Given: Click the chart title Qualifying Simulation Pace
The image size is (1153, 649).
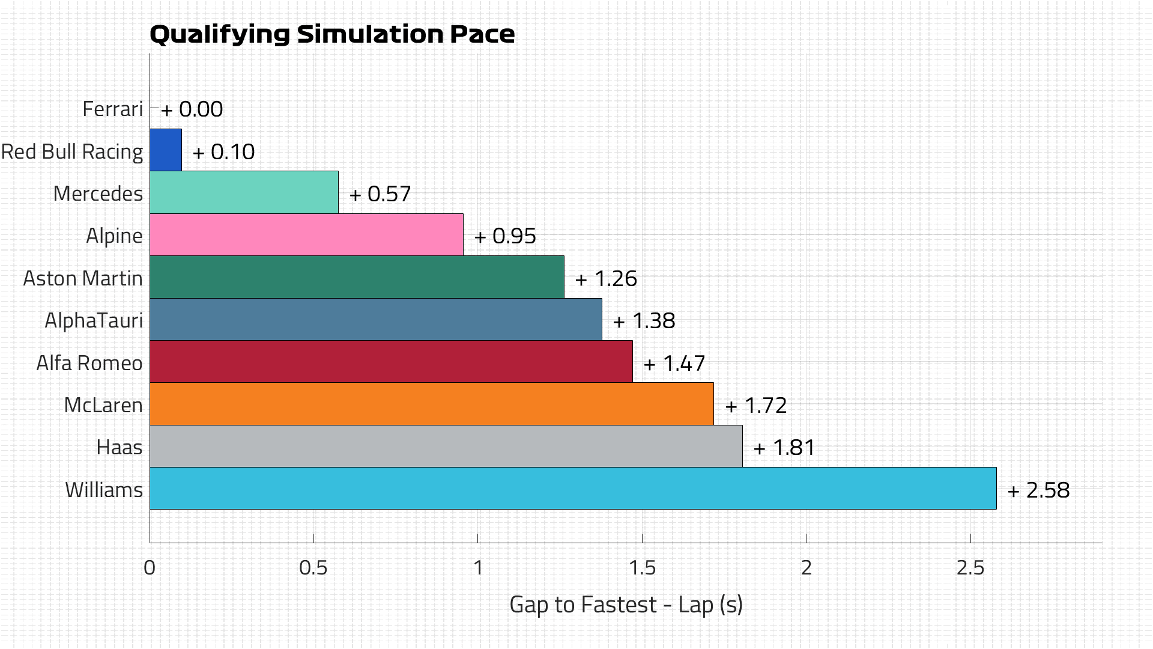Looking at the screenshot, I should (331, 34).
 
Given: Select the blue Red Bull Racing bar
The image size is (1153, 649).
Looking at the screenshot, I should (166, 150).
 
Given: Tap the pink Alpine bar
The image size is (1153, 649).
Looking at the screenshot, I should (306, 235).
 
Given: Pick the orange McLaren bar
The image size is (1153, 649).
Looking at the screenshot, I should (431, 404).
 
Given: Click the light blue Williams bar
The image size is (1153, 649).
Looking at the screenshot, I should (573, 489).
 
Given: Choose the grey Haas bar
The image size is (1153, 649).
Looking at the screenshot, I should (446, 446).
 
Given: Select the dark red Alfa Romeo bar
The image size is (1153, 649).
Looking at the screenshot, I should (391, 362).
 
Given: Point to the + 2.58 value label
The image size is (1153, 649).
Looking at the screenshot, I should (1039, 490).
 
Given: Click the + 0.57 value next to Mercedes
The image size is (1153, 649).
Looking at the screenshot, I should (380, 194).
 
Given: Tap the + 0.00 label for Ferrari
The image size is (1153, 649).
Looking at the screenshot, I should (192, 109).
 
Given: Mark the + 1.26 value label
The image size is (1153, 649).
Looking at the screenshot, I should (606, 279).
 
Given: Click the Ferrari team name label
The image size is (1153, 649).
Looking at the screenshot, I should (112, 109).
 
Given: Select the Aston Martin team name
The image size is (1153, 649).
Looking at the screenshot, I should (83, 279).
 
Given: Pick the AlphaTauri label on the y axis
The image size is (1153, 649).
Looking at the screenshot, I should (94, 321).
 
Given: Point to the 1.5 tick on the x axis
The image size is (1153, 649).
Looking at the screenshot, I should (642, 568).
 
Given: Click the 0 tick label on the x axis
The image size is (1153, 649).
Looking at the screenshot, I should (150, 568).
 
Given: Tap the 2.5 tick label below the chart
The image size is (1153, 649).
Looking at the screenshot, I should (970, 568).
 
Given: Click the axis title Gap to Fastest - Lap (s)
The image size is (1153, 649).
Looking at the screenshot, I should (626, 605).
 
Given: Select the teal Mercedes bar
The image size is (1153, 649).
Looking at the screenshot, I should (244, 192).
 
